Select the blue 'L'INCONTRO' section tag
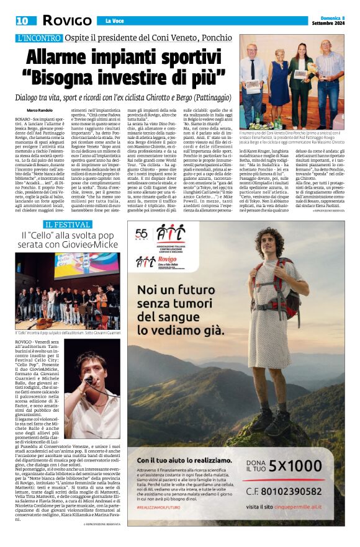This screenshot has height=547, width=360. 39,38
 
